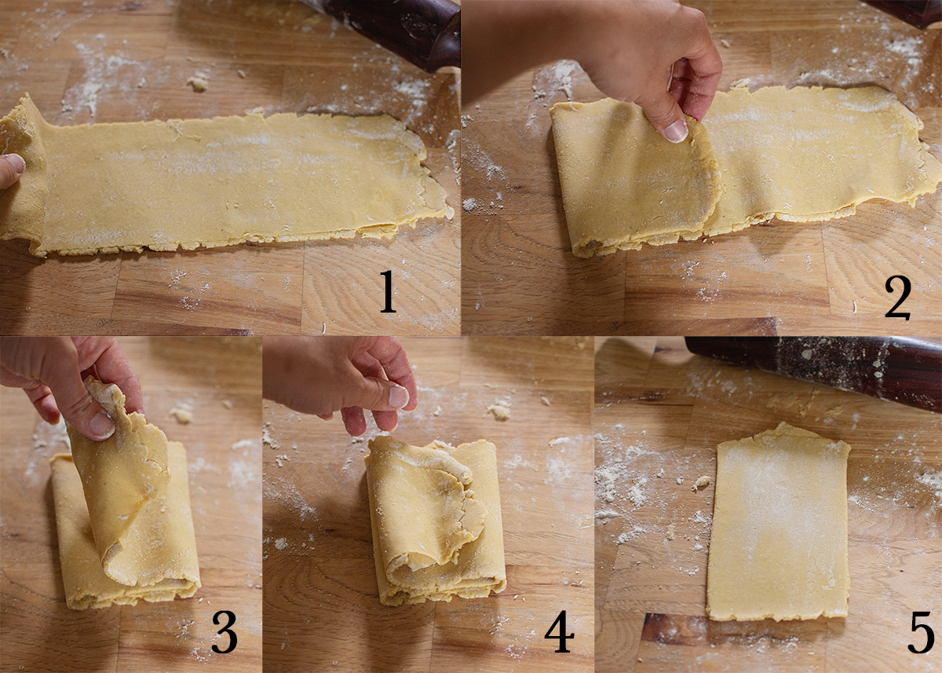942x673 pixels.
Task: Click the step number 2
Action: (898, 298)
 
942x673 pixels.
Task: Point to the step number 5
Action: (920, 635)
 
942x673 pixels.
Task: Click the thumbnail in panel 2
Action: (675, 130)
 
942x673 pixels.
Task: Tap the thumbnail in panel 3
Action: (100, 425)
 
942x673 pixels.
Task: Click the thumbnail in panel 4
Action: (399, 396)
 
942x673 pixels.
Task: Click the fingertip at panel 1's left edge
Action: (9, 169)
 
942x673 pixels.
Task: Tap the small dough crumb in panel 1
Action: (198, 82)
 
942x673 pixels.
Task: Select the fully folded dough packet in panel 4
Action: (436, 522)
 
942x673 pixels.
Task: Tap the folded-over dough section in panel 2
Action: (632, 177)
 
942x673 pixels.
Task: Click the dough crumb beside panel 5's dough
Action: (702, 483)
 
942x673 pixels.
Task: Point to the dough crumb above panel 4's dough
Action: (499, 409)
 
